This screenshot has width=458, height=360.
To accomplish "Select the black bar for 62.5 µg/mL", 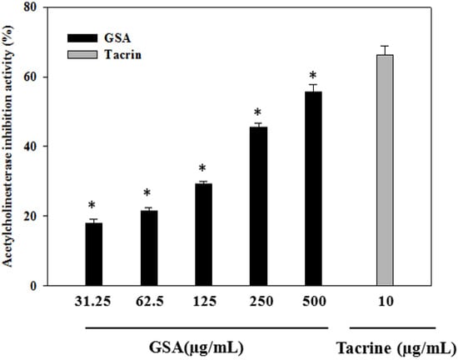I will tap(148, 248).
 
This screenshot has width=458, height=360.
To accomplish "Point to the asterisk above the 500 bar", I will tap(312, 76).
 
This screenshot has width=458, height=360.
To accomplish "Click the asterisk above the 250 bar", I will tap(258, 112).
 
